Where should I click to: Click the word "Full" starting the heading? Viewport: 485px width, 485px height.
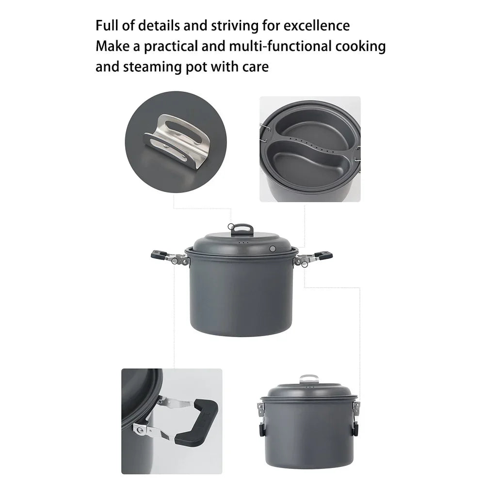tap(106, 25)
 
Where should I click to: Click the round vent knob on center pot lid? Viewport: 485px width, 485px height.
tap(273, 249)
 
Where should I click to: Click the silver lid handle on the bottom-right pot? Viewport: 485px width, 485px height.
tap(308, 378)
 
